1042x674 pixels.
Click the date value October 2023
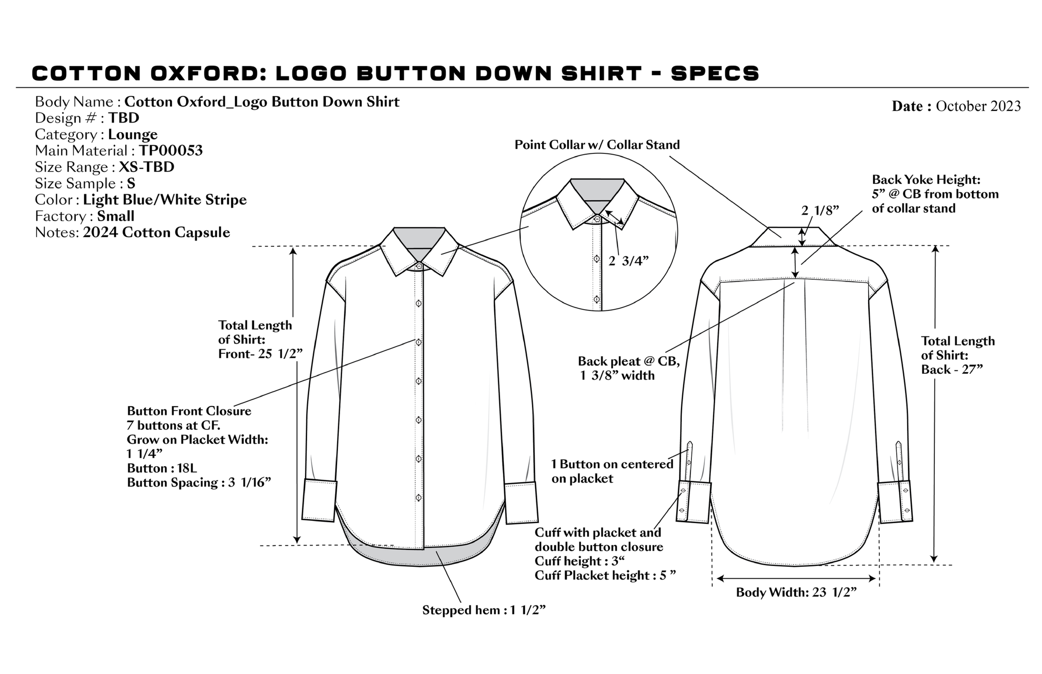click(x=978, y=106)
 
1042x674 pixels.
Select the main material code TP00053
click(x=171, y=150)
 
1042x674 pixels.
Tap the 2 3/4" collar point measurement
click(x=628, y=261)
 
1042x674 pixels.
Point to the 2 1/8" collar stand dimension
click(x=820, y=210)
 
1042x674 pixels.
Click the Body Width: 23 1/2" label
click(x=796, y=593)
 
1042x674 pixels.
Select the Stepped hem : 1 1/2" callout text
click(x=484, y=610)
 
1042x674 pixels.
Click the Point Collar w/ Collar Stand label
click(x=597, y=145)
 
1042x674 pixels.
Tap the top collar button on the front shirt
click(x=419, y=266)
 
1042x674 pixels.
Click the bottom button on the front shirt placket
click(x=418, y=498)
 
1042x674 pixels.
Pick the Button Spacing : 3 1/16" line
click(x=199, y=482)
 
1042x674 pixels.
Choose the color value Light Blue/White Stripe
click(x=165, y=200)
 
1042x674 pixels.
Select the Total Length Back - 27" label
click(x=957, y=355)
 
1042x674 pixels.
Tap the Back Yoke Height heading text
click(x=926, y=180)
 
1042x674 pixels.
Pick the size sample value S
click(x=131, y=183)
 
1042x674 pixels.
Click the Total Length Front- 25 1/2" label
click(x=260, y=339)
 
